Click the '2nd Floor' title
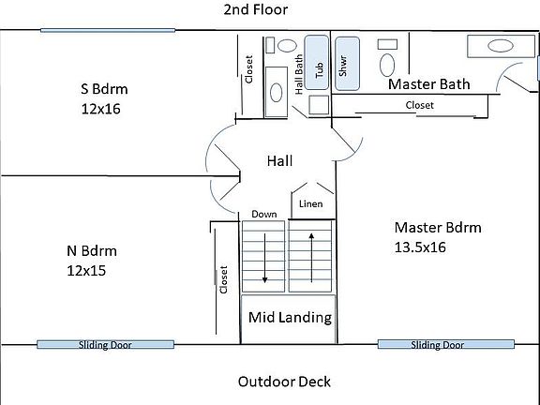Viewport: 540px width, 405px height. pyautogui.click(x=256, y=9)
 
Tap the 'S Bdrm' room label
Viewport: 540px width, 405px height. pyautogui.click(x=104, y=89)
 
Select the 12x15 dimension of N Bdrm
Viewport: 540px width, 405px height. pyautogui.click(x=86, y=271)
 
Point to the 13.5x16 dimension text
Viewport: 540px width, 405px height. pyautogui.click(x=420, y=247)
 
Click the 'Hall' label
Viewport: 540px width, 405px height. pyautogui.click(x=279, y=161)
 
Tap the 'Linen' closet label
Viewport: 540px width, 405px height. pyautogui.click(x=310, y=203)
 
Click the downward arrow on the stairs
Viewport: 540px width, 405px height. pyautogui.click(x=264, y=259)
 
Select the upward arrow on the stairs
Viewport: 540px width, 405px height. pyautogui.click(x=311, y=258)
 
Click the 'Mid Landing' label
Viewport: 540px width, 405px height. pyautogui.click(x=290, y=318)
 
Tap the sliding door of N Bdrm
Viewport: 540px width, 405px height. pyautogui.click(x=105, y=344)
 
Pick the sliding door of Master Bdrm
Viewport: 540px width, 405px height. pyautogui.click(x=446, y=344)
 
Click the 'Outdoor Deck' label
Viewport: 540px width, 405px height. pyautogui.click(x=284, y=382)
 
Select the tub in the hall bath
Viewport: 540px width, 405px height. pyautogui.click(x=317, y=62)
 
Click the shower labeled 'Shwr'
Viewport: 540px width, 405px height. pyautogui.click(x=347, y=64)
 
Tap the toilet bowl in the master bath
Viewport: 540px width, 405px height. pyautogui.click(x=387, y=65)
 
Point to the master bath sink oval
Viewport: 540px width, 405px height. pyautogui.click(x=501, y=46)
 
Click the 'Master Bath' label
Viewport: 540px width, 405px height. pyautogui.click(x=428, y=84)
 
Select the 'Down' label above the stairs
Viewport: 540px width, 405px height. pyautogui.click(x=263, y=214)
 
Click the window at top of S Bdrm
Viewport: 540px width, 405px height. pyautogui.click(x=108, y=31)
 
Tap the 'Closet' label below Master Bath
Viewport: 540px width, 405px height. pyautogui.click(x=419, y=105)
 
